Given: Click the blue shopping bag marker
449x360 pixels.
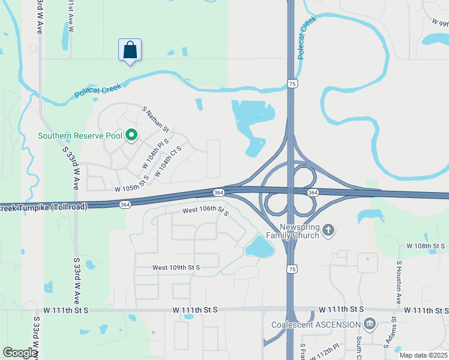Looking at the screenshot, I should coord(130,50).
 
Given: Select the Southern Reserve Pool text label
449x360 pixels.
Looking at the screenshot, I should coord(80,136).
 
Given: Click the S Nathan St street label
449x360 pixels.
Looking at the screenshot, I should coord(156,119).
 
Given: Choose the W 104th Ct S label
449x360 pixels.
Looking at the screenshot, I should coord(167,161).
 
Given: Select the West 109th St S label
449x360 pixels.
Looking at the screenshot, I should coord(175,268).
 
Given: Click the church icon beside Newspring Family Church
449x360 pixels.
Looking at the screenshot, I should coord(328,230).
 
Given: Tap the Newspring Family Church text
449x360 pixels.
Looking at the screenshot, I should coord(299,231).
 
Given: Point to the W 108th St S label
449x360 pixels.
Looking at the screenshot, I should coord(426,246).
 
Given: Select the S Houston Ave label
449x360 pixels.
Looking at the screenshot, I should coord(398,283).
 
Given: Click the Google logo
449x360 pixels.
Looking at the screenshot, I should coord(20,353).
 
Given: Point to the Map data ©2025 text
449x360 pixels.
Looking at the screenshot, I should coord(424,355).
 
